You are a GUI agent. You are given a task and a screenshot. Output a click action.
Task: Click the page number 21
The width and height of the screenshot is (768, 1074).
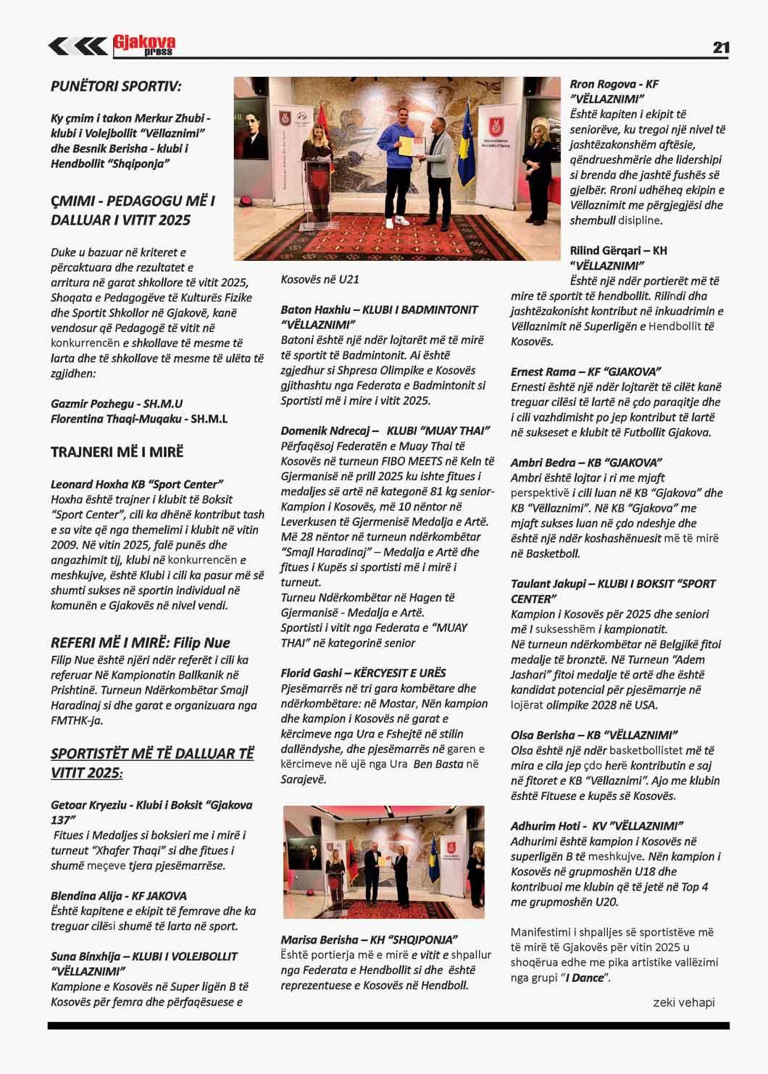(720, 48)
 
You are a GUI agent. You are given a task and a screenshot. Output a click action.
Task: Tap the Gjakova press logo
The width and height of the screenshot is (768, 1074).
(143, 46)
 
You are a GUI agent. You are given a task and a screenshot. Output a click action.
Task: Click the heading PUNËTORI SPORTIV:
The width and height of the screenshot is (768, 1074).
(116, 86)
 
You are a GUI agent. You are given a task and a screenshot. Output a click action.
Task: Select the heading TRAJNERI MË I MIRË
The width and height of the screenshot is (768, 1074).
(117, 452)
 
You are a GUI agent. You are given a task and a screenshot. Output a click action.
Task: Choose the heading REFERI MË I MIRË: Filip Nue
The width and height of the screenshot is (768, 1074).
(141, 643)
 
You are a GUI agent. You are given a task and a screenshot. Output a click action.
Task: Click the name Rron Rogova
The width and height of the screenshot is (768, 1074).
(598, 83)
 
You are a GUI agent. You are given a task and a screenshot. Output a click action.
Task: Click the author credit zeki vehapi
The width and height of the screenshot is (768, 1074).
(683, 1002)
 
